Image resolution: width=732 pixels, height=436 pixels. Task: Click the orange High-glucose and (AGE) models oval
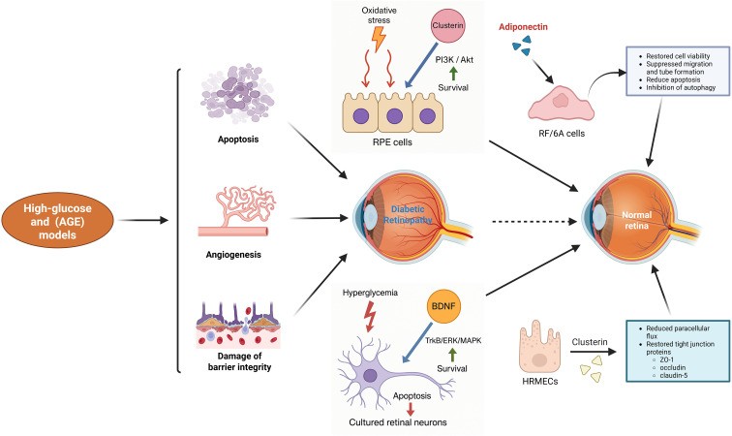click(x=57, y=221)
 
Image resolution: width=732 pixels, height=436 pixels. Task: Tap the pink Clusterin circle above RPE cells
click(x=447, y=25)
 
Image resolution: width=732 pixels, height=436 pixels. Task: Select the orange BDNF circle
click(x=443, y=306)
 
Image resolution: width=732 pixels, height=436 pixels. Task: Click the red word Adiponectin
click(x=523, y=26)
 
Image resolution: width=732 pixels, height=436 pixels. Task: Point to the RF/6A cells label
click(x=562, y=133)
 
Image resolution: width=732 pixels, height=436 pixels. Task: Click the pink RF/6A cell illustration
click(x=561, y=103)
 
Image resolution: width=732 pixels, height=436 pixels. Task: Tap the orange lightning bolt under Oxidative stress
click(x=379, y=39)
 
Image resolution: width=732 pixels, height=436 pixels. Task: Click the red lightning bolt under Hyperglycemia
click(x=370, y=316)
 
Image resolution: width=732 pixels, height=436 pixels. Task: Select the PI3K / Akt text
click(x=454, y=60)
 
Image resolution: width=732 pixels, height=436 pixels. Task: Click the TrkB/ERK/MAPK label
click(x=453, y=340)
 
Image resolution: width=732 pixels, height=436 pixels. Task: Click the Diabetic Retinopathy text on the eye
click(x=408, y=214)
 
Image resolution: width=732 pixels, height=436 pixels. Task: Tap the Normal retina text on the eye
click(x=636, y=220)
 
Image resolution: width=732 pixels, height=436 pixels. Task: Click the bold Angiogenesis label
click(x=233, y=255)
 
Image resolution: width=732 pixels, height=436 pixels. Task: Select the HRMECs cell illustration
click(x=539, y=346)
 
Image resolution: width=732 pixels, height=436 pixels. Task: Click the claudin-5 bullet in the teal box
click(x=669, y=375)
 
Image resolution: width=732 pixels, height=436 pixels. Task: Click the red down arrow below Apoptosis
click(x=411, y=410)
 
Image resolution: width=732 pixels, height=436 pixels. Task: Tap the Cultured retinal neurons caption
click(x=398, y=422)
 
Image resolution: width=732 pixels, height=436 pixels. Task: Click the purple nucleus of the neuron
click(x=370, y=375)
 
